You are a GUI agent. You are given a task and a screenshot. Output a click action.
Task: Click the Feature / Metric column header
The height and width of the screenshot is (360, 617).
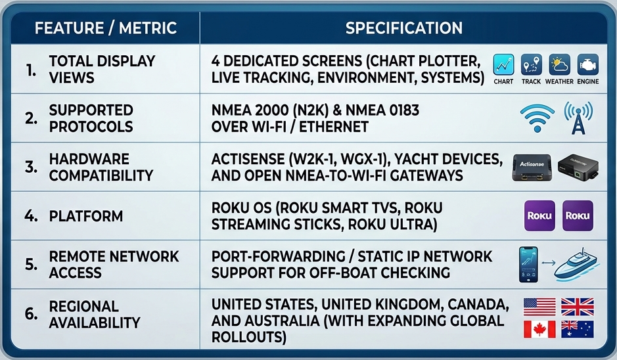(105, 28)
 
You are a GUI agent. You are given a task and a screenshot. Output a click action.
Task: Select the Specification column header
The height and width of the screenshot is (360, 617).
(403, 28)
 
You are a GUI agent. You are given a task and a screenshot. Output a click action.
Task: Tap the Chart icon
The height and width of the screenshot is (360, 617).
(503, 64)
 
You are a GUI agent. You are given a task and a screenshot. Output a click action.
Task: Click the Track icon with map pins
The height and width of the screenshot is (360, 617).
(531, 64)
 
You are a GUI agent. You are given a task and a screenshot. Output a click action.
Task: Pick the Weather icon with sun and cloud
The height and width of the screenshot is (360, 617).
(559, 64)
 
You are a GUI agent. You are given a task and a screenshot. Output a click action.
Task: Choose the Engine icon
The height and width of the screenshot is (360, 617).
(588, 64)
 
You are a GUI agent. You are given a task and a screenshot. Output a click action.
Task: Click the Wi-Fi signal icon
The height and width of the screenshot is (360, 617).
(537, 118)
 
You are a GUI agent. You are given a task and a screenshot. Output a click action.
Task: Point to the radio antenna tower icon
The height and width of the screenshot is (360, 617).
(578, 118)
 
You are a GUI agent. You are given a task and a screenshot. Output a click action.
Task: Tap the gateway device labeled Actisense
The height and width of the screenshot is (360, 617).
(532, 168)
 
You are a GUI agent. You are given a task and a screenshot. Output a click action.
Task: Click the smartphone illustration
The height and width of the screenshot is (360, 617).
(528, 264)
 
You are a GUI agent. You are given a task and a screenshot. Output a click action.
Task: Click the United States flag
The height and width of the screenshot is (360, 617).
(539, 307)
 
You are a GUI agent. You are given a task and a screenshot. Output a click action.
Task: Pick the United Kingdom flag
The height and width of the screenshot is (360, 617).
(578, 307)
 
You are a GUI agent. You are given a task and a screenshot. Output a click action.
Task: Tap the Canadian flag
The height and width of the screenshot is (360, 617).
(539, 329)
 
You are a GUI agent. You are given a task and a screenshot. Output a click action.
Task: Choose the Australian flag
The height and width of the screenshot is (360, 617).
(578, 329)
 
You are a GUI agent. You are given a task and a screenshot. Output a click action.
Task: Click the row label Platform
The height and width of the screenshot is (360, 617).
(86, 216)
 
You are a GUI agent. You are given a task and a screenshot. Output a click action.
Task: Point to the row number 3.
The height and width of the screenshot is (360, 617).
(31, 168)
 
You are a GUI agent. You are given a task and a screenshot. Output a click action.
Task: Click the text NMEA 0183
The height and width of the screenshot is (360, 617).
(382, 110)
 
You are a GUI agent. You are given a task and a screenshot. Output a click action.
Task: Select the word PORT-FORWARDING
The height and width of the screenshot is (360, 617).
(277, 256)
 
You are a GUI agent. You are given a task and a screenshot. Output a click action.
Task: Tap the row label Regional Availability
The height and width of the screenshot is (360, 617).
(95, 315)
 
